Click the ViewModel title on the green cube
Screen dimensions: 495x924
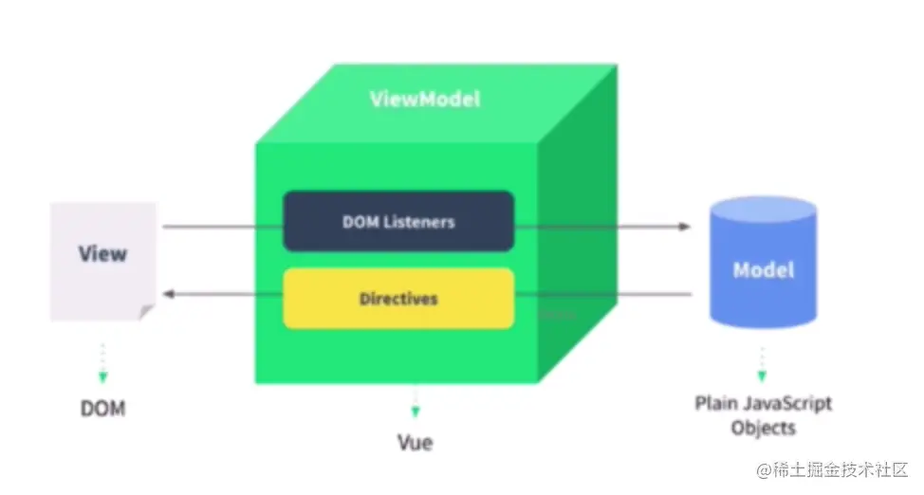coord(424,99)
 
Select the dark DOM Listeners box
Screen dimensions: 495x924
coord(398,221)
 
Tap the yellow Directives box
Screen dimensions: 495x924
coord(398,298)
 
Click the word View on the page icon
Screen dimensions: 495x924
coord(102,253)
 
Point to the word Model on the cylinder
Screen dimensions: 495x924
coord(763,269)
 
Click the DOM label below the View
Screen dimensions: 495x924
coord(102,409)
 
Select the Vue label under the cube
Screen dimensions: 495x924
coord(416,442)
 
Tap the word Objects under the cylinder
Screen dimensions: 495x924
coord(763,428)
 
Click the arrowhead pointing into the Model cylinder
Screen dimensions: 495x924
coord(684,227)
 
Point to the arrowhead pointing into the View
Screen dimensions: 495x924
coord(168,294)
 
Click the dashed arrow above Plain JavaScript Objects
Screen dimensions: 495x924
coord(762,363)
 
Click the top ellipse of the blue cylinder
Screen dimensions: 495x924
coord(763,209)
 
